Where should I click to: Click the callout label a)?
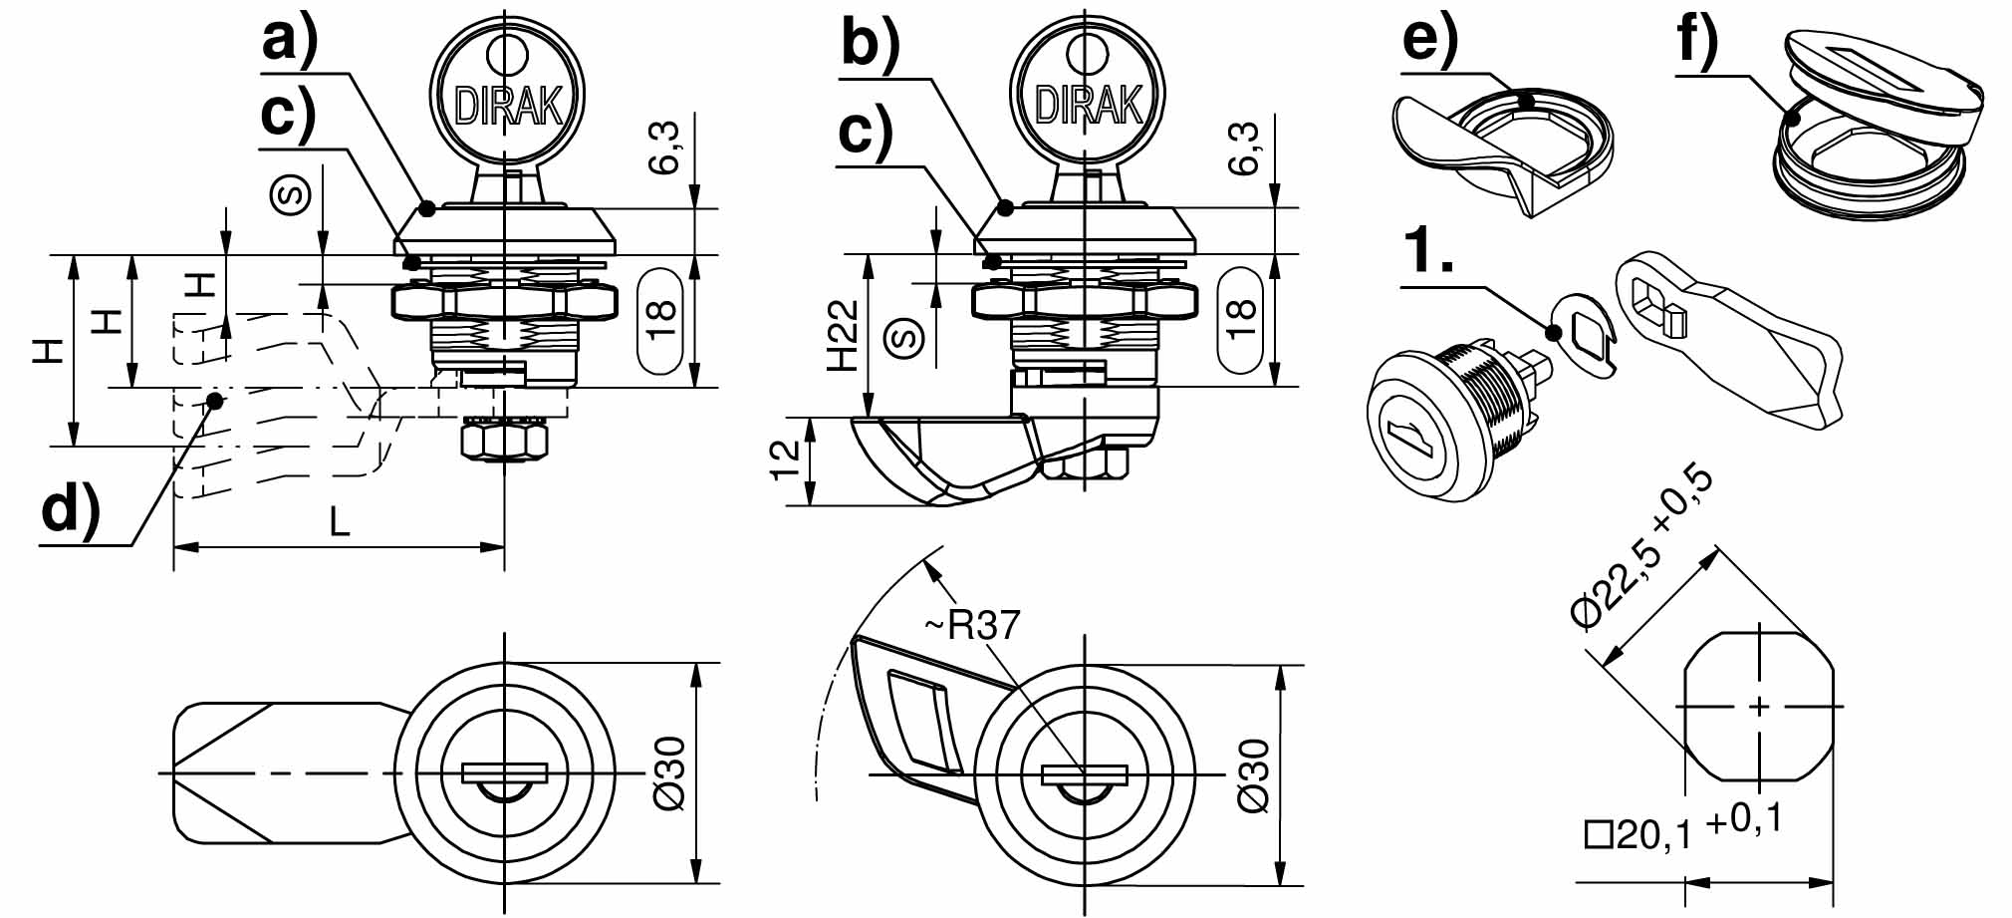point(290,43)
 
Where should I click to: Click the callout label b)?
point(870,43)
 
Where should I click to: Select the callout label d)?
point(71,508)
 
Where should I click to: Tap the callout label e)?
point(1430,41)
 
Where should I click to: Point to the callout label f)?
point(1698,41)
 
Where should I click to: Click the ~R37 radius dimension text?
point(972,625)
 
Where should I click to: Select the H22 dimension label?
point(843,335)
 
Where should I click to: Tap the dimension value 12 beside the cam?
point(786,459)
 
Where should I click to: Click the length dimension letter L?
point(340,521)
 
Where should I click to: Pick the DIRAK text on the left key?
point(508,105)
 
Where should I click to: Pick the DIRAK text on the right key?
point(1089,105)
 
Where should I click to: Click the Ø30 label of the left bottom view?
point(670,774)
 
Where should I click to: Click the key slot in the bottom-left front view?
point(506,773)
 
